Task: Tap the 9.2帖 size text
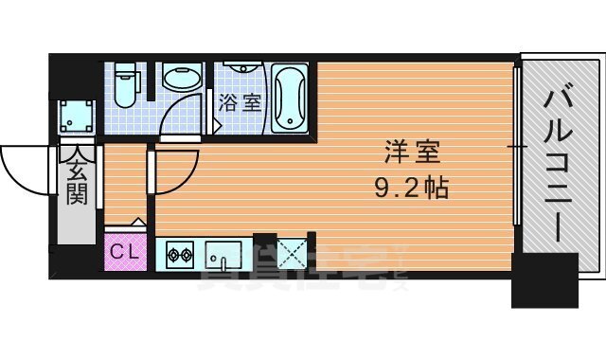click(x=408, y=186)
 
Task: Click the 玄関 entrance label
click(x=77, y=180)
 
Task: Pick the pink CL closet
click(x=124, y=252)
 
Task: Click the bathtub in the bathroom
click(x=290, y=99)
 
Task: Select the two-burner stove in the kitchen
click(x=180, y=253)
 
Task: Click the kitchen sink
click(x=223, y=253)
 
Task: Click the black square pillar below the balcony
click(x=544, y=280)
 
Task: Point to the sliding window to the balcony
click(x=517, y=147)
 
